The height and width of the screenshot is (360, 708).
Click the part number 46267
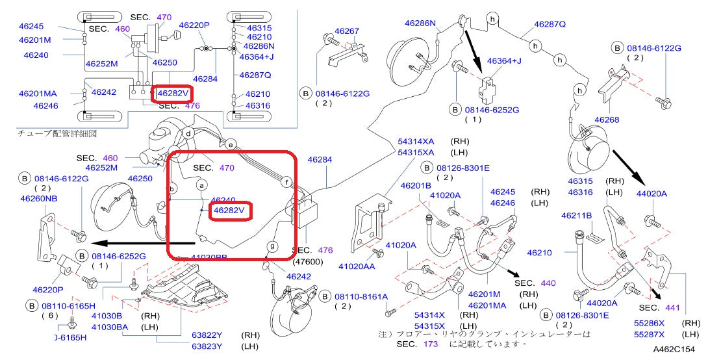pos(347,31)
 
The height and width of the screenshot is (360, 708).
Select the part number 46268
pos(607,120)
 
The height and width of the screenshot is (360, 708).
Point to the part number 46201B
pos(416,186)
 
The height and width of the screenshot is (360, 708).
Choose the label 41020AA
pos(357,266)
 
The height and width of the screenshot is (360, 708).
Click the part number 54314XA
pos(416,141)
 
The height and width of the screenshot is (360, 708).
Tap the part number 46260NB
pos(38,199)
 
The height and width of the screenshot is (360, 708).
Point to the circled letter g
pos(272,247)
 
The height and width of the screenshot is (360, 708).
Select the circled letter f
pos(286,183)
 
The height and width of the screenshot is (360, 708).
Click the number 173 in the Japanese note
pos(430,344)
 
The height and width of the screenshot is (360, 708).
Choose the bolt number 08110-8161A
pos(362,297)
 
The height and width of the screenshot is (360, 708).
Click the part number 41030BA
pos(110,327)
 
